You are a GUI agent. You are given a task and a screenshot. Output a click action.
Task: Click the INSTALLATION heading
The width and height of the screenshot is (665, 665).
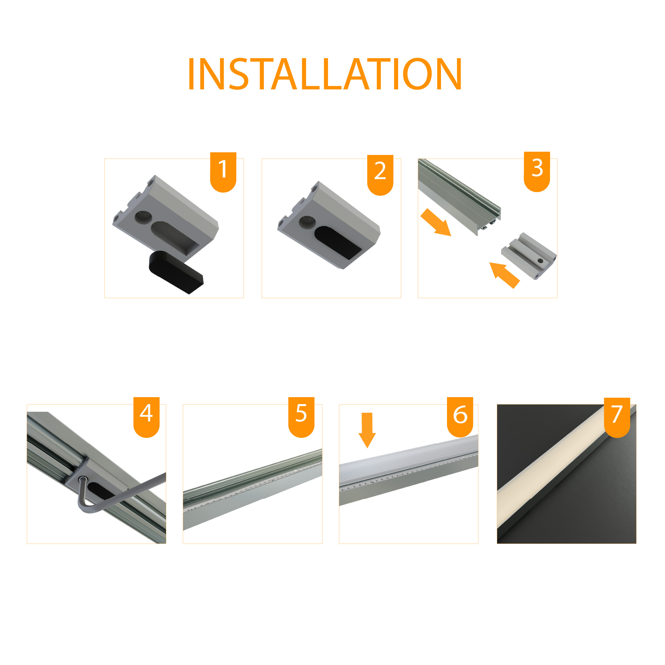(325, 74)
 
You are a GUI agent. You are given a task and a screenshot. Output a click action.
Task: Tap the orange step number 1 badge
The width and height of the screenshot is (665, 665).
(223, 172)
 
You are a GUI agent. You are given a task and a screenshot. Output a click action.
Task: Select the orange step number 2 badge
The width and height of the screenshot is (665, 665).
(380, 175)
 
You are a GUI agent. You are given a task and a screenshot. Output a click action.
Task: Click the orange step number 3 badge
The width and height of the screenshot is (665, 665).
(537, 171)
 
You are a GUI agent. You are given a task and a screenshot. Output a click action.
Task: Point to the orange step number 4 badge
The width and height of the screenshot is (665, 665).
(146, 417)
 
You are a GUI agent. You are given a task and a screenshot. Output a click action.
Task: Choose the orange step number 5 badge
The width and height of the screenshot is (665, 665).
(301, 417)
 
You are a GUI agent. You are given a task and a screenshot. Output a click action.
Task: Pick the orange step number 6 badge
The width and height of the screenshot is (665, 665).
(460, 417)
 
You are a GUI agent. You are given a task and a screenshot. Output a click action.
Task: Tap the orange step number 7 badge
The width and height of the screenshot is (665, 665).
(617, 417)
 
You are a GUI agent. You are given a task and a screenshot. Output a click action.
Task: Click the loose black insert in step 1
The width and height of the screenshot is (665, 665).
(175, 272)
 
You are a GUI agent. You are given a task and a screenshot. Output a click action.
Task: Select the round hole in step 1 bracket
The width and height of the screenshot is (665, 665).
(143, 216)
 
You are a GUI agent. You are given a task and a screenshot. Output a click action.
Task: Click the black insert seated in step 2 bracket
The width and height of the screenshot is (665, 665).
(337, 243)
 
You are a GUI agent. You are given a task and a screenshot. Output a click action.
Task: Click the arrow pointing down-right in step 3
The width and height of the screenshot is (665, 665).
(436, 223)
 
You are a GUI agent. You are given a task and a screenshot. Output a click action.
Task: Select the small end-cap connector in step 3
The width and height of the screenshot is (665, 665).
(529, 256)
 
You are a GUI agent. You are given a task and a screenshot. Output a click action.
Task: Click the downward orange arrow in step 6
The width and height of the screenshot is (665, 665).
(367, 430)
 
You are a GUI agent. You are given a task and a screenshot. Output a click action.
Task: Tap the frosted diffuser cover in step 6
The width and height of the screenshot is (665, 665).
(408, 461)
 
